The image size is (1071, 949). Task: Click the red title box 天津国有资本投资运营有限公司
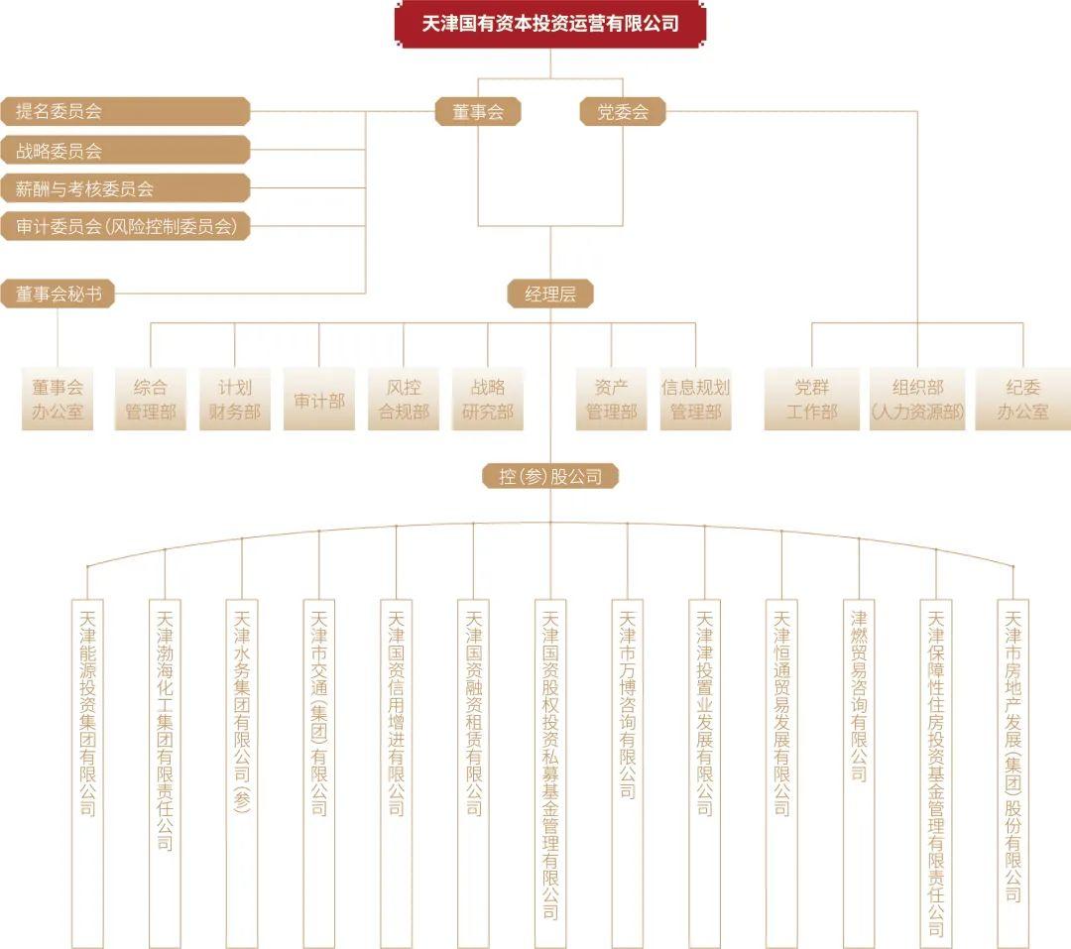549,24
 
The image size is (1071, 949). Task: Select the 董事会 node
478,112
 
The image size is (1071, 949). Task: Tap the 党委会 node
622,112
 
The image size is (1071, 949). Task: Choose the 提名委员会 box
125,111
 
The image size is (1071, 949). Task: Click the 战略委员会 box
125,151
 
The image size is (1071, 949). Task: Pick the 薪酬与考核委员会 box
125,188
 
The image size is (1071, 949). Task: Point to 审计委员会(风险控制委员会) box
125,226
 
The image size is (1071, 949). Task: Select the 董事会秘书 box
58,294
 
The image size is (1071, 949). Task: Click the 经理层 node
549,295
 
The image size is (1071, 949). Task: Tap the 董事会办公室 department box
58,399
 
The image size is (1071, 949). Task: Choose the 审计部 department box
319,399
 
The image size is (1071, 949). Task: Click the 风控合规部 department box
404,399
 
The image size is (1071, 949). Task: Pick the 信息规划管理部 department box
695,399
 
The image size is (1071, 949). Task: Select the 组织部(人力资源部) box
917,399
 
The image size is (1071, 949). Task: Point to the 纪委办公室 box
1022,399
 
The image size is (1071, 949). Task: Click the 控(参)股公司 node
549,476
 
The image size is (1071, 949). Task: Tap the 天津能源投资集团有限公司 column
87,773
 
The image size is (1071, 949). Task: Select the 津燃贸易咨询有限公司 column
859,773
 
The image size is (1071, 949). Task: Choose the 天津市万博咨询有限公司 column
627,773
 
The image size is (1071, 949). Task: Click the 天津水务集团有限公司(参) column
242,773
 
